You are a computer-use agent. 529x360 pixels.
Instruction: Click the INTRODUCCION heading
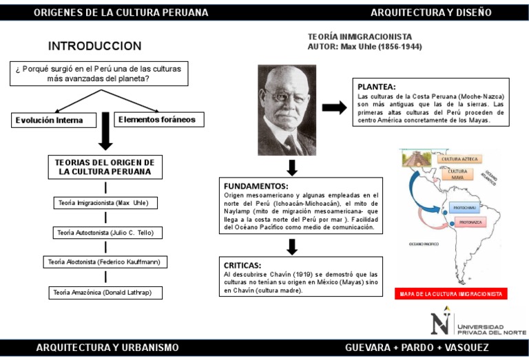point(94,46)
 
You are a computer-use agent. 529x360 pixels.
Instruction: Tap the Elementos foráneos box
point(156,120)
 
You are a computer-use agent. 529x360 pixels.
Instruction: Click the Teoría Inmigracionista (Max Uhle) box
point(105,203)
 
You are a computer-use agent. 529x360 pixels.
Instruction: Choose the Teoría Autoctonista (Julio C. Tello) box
point(105,233)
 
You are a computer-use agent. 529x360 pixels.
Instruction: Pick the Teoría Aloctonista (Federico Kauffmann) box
point(105,262)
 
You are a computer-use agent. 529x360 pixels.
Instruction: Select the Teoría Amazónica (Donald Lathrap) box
point(105,293)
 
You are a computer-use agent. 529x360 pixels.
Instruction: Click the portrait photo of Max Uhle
point(287,110)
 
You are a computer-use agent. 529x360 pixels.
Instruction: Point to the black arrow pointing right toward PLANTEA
point(334,107)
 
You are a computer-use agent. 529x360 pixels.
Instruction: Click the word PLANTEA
point(376,87)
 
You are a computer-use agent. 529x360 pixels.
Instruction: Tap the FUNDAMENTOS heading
point(256,186)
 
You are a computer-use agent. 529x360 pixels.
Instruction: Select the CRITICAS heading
point(242,264)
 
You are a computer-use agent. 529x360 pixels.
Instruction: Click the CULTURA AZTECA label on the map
point(459,159)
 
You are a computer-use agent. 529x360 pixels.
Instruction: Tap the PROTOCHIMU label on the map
point(464,207)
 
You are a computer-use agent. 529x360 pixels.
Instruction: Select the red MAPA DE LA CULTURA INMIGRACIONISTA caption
point(450,294)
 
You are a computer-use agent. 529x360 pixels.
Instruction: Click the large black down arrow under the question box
point(105,131)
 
